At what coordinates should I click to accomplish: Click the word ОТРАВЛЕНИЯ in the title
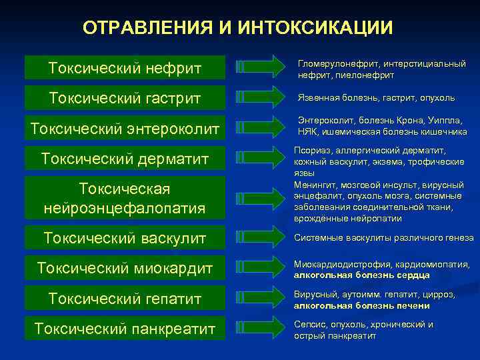point(144,28)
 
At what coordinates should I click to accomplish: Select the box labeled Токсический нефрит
point(125,67)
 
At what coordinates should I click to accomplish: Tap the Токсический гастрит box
point(125,98)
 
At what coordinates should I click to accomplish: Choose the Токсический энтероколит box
point(125,129)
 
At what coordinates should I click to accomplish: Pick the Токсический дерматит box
point(125,159)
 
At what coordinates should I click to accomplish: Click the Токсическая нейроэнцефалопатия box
point(125,198)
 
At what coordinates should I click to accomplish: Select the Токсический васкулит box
point(125,237)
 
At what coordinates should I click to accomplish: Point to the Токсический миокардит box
point(125,268)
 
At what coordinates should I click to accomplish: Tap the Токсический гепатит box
point(125,299)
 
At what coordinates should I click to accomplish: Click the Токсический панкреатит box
point(125,329)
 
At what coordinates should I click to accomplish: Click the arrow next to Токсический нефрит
point(261,67)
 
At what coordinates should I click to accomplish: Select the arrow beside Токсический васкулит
point(261,237)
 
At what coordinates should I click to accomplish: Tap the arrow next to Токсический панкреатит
point(261,329)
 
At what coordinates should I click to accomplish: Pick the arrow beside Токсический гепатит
point(261,299)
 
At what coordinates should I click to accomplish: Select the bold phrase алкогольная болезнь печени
point(362,306)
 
